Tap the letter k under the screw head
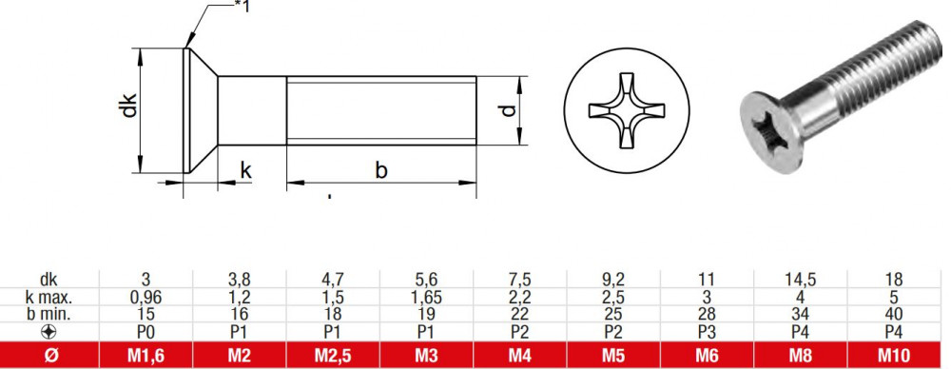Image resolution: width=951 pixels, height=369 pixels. (246, 170)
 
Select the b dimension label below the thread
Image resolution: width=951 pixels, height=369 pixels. (381, 170)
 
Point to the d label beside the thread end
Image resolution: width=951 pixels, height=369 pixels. (510, 110)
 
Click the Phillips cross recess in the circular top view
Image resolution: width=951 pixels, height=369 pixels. (627, 111)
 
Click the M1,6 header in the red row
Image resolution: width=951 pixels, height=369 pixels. (146, 356)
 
